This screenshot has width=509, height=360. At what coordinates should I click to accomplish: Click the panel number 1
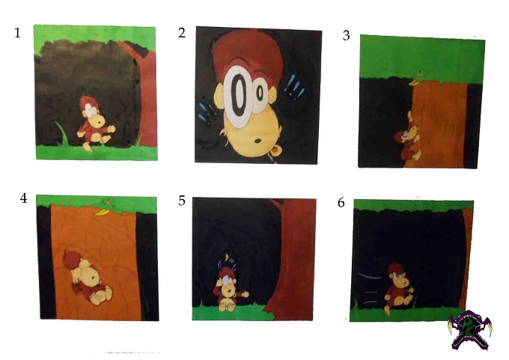[17, 33]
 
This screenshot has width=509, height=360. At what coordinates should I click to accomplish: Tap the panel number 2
[182, 33]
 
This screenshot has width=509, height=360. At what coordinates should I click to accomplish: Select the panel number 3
[346, 35]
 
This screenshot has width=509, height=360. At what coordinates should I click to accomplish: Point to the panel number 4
[23, 198]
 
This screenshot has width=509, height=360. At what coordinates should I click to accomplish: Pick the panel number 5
[182, 201]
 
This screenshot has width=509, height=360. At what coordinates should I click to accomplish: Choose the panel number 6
[341, 203]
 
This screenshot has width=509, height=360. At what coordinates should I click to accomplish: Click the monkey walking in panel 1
[94, 123]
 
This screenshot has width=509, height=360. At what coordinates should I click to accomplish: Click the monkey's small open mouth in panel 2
[258, 141]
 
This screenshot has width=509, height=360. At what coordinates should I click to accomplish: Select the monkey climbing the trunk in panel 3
[407, 136]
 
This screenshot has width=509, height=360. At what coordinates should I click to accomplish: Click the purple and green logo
[470, 330]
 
